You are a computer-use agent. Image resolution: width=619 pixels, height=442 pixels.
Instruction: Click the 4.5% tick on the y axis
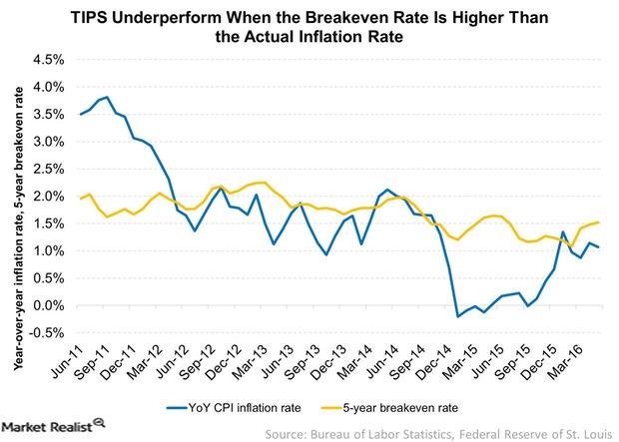click(x=47, y=58)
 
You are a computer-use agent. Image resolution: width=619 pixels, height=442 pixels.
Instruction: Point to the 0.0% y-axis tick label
click(x=47, y=305)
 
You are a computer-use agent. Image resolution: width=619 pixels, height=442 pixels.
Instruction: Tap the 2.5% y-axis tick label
click(x=47, y=168)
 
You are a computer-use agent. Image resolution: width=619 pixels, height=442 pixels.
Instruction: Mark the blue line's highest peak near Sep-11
click(x=106, y=97)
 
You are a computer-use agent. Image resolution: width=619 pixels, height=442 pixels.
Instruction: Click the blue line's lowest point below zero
click(x=458, y=316)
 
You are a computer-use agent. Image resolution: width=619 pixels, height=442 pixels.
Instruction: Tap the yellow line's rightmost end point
click(x=598, y=222)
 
